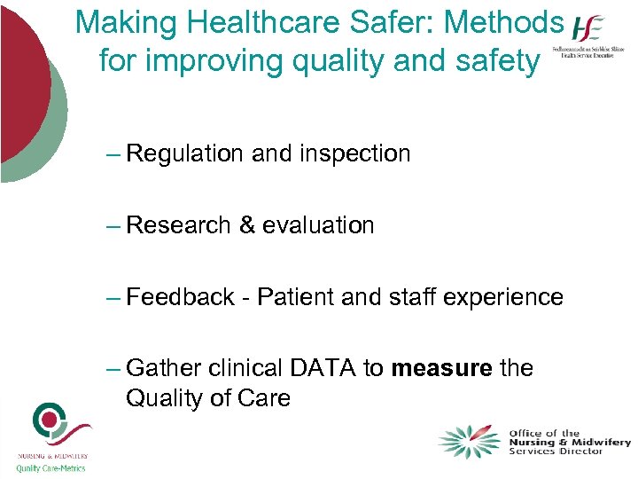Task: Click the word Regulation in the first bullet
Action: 184,154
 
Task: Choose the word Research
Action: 178,226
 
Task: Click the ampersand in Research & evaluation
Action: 247,226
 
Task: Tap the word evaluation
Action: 318,226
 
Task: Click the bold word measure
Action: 440,368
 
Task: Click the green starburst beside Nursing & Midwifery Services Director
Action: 469,441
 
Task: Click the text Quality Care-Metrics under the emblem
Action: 51,468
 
